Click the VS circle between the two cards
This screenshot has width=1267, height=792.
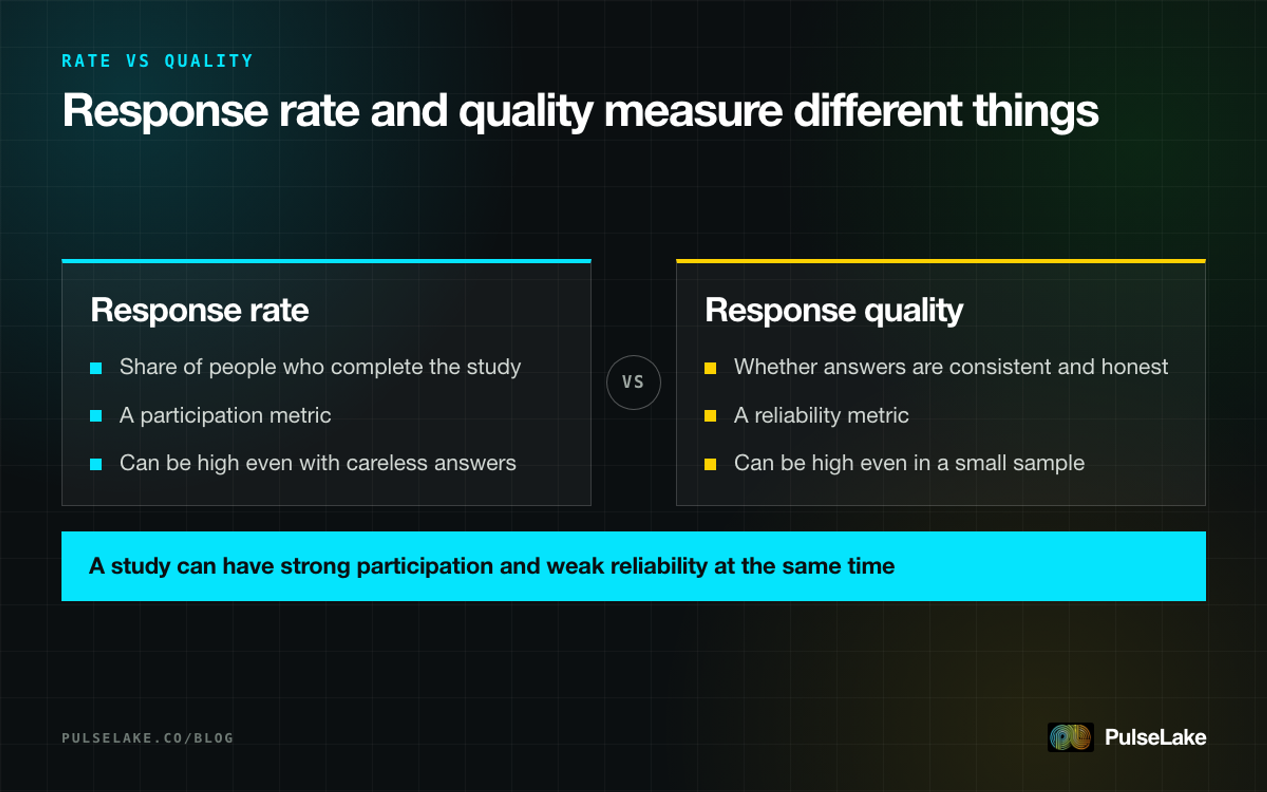pyautogui.click(x=633, y=382)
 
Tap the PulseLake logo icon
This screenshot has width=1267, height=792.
pyautogui.click(x=1071, y=737)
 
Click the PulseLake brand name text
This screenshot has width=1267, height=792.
pyautogui.click(x=1156, y=737)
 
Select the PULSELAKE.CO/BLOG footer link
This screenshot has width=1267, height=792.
pyautogui.click(x=147, y=738)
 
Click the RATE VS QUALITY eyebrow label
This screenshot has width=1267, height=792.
pyautogui.click(x=157, y=61)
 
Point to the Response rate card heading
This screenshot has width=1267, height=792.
pyautogui.click(x=200, y=310)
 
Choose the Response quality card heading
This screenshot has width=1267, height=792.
pyautogui.click(x=834, y=311)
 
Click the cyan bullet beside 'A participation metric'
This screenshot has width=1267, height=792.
pyautogui.click(x=96, y=416)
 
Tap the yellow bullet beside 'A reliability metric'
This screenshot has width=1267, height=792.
pyautogui.click(x=711, y=416)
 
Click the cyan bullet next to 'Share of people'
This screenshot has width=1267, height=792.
pyautogui.click(x=96, y=368)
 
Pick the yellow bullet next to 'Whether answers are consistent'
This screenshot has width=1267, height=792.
pyautogui.click(x=711, y=368)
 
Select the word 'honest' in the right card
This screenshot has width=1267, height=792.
pyautogui.click(x=1134, y=367)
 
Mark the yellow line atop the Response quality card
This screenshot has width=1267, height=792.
pyautogui.click(x=941, y=261)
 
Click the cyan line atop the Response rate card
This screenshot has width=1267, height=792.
pyautogui.click(x=326, y=261)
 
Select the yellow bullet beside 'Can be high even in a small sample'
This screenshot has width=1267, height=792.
pyautogui.click(x=711, y=464)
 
